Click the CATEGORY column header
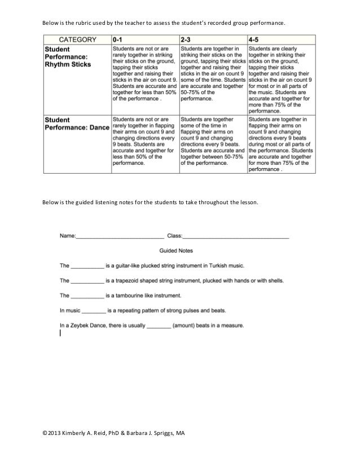pos(77,40)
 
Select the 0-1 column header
pos(118,40)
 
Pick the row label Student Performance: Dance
pos(77,124)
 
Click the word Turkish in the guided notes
pos(217,265)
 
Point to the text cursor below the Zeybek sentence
pos(60,333)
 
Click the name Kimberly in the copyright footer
pos(72,433)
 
